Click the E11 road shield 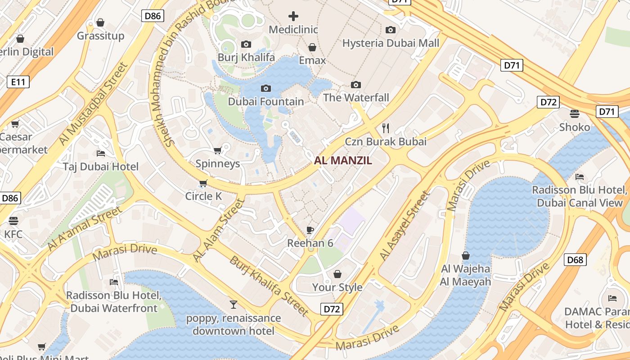click(18, 82)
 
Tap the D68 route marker click(575, 260)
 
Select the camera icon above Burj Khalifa click(246, 44)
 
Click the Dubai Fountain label click(266, 102)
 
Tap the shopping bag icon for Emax click(312, 47)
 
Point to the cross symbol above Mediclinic click(293, 17)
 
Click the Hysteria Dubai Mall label click(391, 43)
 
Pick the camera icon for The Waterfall click(356, 85)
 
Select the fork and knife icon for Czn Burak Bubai click(386, 128)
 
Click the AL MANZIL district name click(343, 160)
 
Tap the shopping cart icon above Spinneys click(218, 150)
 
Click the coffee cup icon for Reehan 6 click(310, 230)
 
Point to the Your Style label click(337, 287)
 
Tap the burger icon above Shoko click(575, 113)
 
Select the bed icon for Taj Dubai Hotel click(101, 153)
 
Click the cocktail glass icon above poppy click(233, 305)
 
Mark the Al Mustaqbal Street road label click(93, 104)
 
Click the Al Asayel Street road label click(405, 226)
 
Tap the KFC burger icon click(13, 221)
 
